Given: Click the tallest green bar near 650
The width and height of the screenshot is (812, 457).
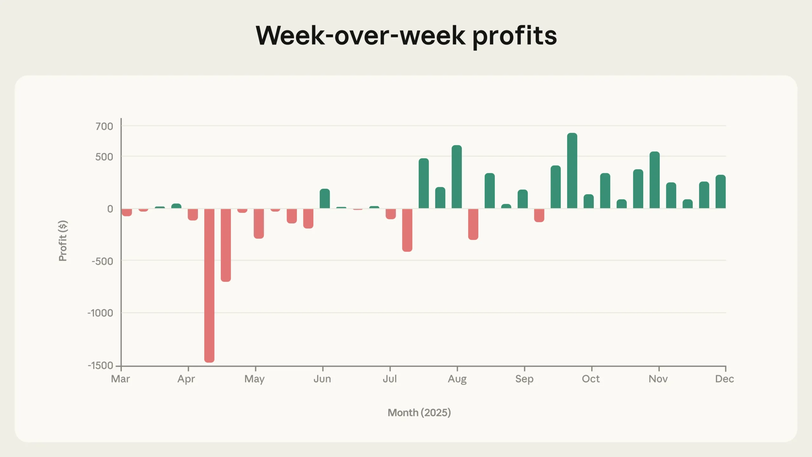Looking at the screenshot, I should [572, 171].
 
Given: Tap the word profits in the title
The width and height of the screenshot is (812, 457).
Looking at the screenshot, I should [514, 36].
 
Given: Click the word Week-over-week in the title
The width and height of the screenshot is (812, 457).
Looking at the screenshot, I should [360, 36].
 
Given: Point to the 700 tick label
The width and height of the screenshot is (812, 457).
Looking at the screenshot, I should [104, 126].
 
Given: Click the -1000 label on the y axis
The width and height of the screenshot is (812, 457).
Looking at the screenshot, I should [100, 313].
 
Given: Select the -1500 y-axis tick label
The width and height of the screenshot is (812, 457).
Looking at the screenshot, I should [100, 365].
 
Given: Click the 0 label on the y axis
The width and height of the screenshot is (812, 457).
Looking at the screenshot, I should [110, 209].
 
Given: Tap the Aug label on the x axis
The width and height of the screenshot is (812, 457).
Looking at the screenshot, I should [457, 379].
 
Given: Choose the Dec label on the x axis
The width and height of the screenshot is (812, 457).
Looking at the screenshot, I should [724, 379].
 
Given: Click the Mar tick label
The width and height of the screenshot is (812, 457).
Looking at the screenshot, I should [121, 379].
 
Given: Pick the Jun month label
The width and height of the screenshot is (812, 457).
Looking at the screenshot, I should [322, 379].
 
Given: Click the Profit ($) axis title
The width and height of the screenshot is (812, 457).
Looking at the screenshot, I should [63, 241].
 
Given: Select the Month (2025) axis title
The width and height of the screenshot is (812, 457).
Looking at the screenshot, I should [419, 413].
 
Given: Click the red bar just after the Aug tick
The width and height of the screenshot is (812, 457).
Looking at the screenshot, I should [473, 224].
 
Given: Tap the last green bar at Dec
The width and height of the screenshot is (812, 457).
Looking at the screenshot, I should [721, 192].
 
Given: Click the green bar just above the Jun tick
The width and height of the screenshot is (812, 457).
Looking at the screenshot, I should [325, 199].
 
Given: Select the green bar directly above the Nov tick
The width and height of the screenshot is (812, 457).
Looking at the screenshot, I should [655, 180].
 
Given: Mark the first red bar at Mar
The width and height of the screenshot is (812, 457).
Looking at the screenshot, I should [127, 212].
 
